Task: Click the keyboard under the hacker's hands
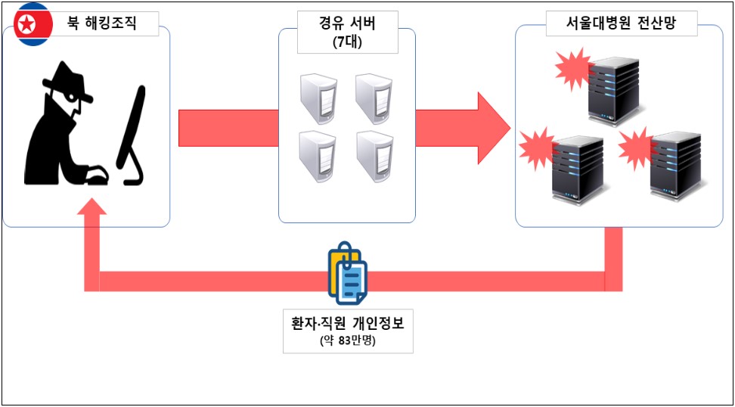[x=96, y=178]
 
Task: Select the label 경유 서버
[x=347, y=23]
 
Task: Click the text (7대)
[x=347, y=42]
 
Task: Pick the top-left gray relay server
[x=318, y=98]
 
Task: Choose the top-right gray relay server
[x=374, y=98]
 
